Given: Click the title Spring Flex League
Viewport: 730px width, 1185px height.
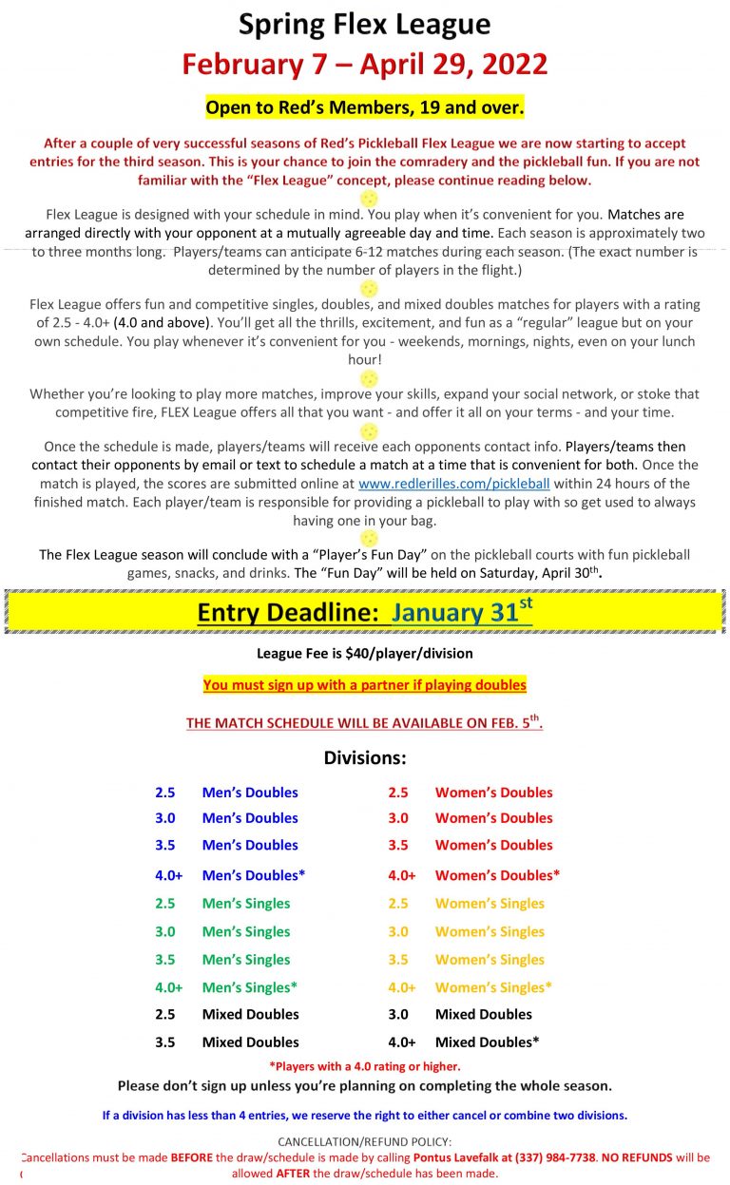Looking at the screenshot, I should (365, 25).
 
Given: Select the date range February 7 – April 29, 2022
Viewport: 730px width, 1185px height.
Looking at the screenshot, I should (365, 65).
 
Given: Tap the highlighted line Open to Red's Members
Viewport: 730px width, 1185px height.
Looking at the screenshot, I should (365, 106).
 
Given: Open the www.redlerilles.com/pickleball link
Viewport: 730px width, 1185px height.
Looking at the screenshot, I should (454, 483).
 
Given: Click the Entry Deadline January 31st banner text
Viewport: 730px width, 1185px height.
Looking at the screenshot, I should (365, 611).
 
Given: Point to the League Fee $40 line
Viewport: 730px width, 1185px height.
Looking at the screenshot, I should (365, 654).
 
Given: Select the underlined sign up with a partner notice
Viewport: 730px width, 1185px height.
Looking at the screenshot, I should (365, 684).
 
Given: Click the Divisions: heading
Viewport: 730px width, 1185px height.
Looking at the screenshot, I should (365, 758).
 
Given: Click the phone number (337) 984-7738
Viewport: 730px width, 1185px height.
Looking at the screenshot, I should (555, 1157).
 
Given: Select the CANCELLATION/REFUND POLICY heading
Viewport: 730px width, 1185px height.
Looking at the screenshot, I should (365, 1141).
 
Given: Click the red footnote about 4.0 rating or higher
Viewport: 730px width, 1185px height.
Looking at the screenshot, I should (365, 1067).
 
